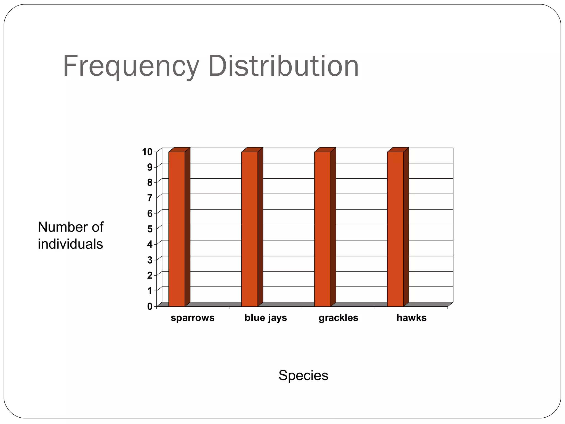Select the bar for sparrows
click(177, 229)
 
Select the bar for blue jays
click(249, 229)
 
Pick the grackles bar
click(322, 229)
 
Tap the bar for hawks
click(395, 229)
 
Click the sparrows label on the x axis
click(193, 318)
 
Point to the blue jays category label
click(266, 318)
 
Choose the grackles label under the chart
click(338, 318)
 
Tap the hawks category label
click(411, 318)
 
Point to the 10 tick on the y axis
click(147, 152)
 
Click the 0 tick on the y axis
click(150, 306)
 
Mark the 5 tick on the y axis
click(150, 229)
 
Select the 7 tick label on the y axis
click(150, 198)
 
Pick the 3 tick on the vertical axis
click(150, 260)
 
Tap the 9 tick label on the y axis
click(150, 167)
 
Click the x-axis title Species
click(303, 375)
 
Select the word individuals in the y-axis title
click(70, 244)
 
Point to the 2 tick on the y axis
click(150, 275)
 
